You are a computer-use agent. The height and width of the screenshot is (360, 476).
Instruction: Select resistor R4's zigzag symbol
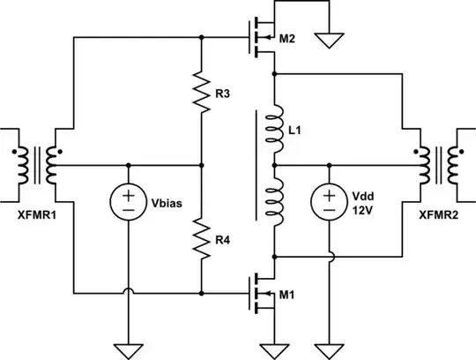(x=202, y=238)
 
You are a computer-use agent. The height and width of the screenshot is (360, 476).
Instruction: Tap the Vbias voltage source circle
(x=129, y=202)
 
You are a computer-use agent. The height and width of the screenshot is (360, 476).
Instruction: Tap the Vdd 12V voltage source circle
(x=328, y=202)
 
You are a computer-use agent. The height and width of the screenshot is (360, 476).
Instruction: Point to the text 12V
(x=364, y=210)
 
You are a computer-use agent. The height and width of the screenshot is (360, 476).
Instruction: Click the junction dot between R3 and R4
(x=202, y=165)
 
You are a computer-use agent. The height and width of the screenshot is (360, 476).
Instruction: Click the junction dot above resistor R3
(x=202, y=38)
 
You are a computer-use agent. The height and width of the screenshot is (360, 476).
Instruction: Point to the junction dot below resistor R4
(x=202, y=292)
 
